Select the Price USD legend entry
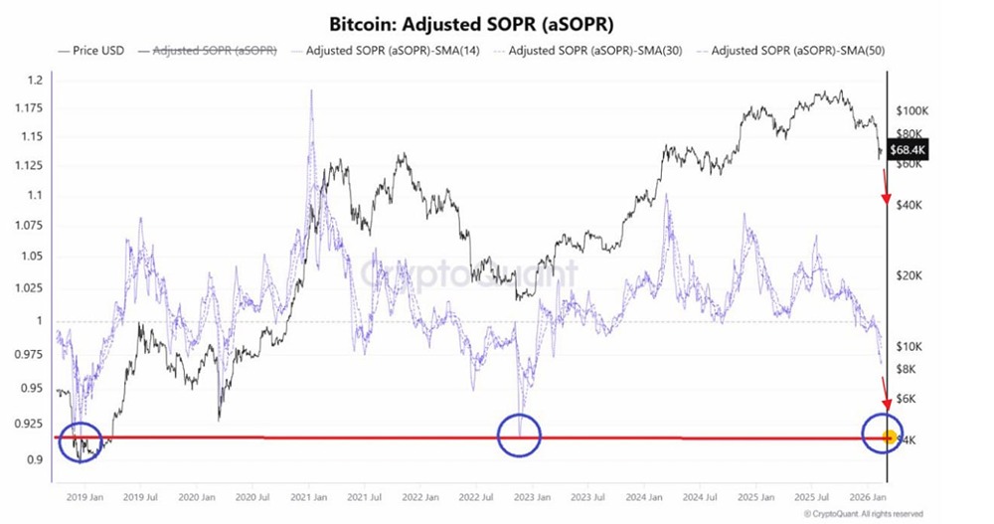click(x=91, y=49)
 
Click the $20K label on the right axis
click(x=911, y=275)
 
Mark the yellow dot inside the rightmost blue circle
click(x=889, y=437)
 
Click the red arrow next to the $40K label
click(x=884, y=189)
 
